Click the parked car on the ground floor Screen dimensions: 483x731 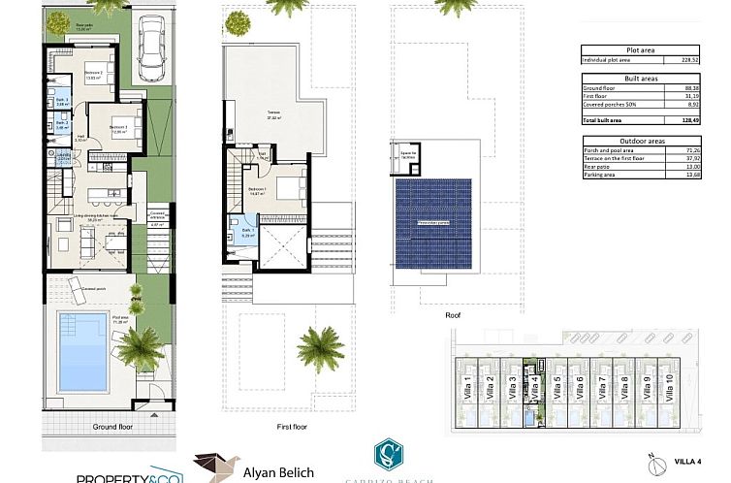[x=153, y=48]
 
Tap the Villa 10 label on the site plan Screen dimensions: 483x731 [x=669, y=387]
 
